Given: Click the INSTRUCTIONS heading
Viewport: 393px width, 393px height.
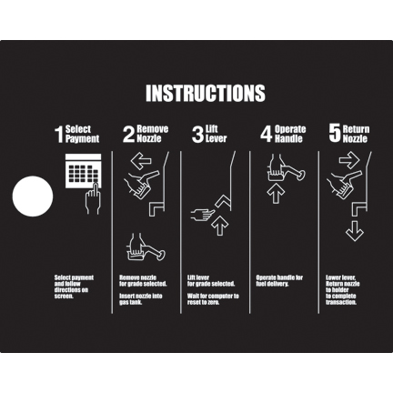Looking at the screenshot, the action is pyautogui.click(x=206, y=93).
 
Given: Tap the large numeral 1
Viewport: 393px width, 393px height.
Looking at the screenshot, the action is pyautogui.click(x=59, y=135).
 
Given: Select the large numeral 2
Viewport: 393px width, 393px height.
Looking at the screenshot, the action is pyautogui.click(x=128, y=135).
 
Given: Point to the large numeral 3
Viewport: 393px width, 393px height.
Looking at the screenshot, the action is pyautogui.click(x=197, y=135).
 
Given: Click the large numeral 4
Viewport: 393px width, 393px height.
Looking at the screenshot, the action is pyautogui.click(x=267, y=135).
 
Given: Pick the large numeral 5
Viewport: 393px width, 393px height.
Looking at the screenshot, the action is pyautogui.click(x=335, y=135).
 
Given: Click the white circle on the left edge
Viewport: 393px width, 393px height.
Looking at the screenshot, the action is pyautogui.click(x=33, y=196).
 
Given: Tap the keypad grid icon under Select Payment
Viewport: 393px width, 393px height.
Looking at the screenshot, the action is pyautogui.click(x=84, y=171).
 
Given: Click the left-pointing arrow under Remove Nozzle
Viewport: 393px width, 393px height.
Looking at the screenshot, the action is pyautogui.click(x=141, y=160).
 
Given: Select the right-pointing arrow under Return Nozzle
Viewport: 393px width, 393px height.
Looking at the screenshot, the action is pyautogui.click(x=349, y=160).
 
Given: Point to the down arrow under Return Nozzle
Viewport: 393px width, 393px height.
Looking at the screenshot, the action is pyautogui.click(x=355, y=231).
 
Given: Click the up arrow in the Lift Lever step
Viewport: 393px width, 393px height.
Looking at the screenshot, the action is pyautogui.click(x=219, y=226).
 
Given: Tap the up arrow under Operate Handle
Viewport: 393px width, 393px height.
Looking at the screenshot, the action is pyautogui.click(x=276, y=193).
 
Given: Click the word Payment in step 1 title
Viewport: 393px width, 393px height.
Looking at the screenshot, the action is pyautogui.click(x=82, y=139).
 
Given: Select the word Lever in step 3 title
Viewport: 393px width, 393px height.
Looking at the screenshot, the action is pyautogui.click(x=216, y=139).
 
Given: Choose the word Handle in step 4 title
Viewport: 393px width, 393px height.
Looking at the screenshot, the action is pyautogui.click(x=288, y=139).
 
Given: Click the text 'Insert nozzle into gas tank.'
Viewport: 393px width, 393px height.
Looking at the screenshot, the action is pyautogui.click(x=141, y=299).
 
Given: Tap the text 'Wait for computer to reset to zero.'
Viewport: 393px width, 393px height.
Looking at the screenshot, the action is pyautogui.click(x=213, y=299).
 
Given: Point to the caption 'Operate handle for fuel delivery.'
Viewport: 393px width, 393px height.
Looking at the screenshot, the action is pyautogui.click(x=279, y=280).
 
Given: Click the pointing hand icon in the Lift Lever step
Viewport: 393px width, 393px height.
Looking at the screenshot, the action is pyautogui.click(x=203, y=214).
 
